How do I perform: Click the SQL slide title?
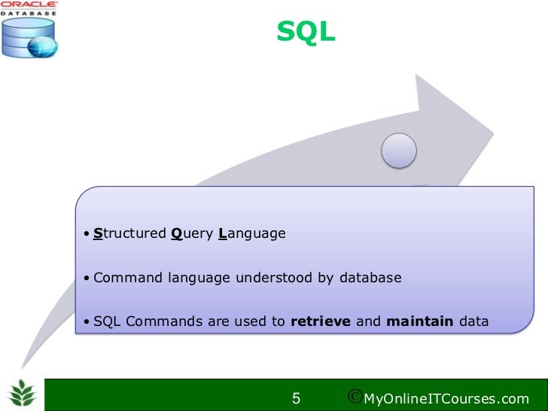click(306, 32)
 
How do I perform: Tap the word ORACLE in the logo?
click(29, 5)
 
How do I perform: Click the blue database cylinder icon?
click(28, 38)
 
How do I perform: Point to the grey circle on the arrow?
click(398, 151)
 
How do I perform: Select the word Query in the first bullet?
click(192, 233)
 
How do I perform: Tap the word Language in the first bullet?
click(252, 233)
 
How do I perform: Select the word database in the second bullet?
click(370, 278)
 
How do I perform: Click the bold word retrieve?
click(321, 322)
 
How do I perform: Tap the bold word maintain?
click(420, 322)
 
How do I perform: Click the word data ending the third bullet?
click(473, 322)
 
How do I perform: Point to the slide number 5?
click(296, 397)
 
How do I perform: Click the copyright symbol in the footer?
click(356, 397)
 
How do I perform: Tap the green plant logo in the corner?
click(23, 394)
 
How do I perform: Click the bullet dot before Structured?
click(87, 234)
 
